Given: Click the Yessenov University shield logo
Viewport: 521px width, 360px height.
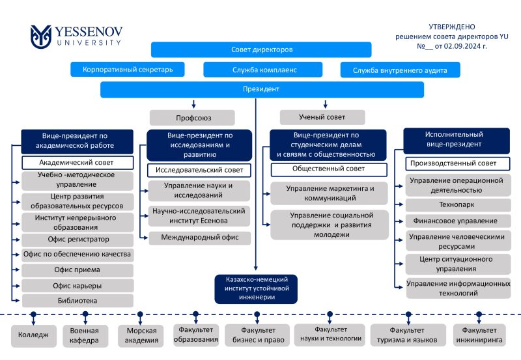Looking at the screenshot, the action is (41, 36).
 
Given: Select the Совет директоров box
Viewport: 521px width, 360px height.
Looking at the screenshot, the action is (261, 49).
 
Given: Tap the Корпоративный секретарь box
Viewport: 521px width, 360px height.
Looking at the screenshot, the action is (128, 70).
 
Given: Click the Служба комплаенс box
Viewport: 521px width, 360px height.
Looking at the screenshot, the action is (263, 70).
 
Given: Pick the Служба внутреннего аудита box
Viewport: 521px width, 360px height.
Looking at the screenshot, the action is (400, 70).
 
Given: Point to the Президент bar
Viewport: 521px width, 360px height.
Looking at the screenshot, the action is (262, 89).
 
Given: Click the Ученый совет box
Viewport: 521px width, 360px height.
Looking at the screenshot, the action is (322, 117).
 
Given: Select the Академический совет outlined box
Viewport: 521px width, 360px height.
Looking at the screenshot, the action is (77, 163).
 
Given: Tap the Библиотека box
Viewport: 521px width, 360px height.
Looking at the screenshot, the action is (77, 301).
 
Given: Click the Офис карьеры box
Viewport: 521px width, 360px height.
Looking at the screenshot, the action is (77, 286).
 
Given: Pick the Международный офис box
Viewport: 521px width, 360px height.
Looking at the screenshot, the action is (200, 238).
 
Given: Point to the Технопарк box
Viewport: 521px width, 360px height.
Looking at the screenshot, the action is (458, 205).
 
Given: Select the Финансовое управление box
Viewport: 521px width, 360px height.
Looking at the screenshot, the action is (458, 221).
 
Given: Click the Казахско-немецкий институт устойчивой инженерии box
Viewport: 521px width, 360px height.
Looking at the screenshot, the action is (256, 288).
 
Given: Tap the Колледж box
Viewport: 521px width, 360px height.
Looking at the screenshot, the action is (34, 335).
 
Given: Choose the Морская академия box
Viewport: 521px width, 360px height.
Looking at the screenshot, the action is (141, 335).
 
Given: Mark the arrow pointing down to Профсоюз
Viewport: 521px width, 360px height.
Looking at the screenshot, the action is (193, 104).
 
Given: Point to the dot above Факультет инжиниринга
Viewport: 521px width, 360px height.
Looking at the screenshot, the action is (479, 314).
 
